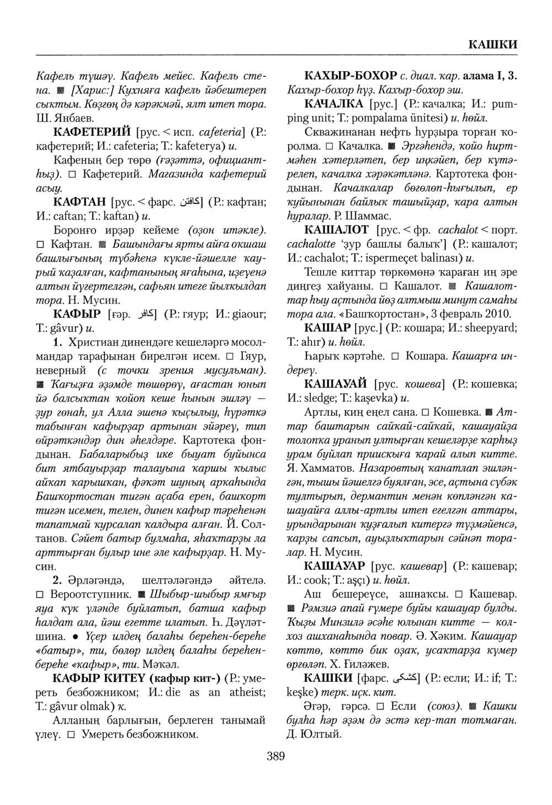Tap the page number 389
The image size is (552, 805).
point(275,756)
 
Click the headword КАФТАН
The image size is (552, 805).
point(78,202)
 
